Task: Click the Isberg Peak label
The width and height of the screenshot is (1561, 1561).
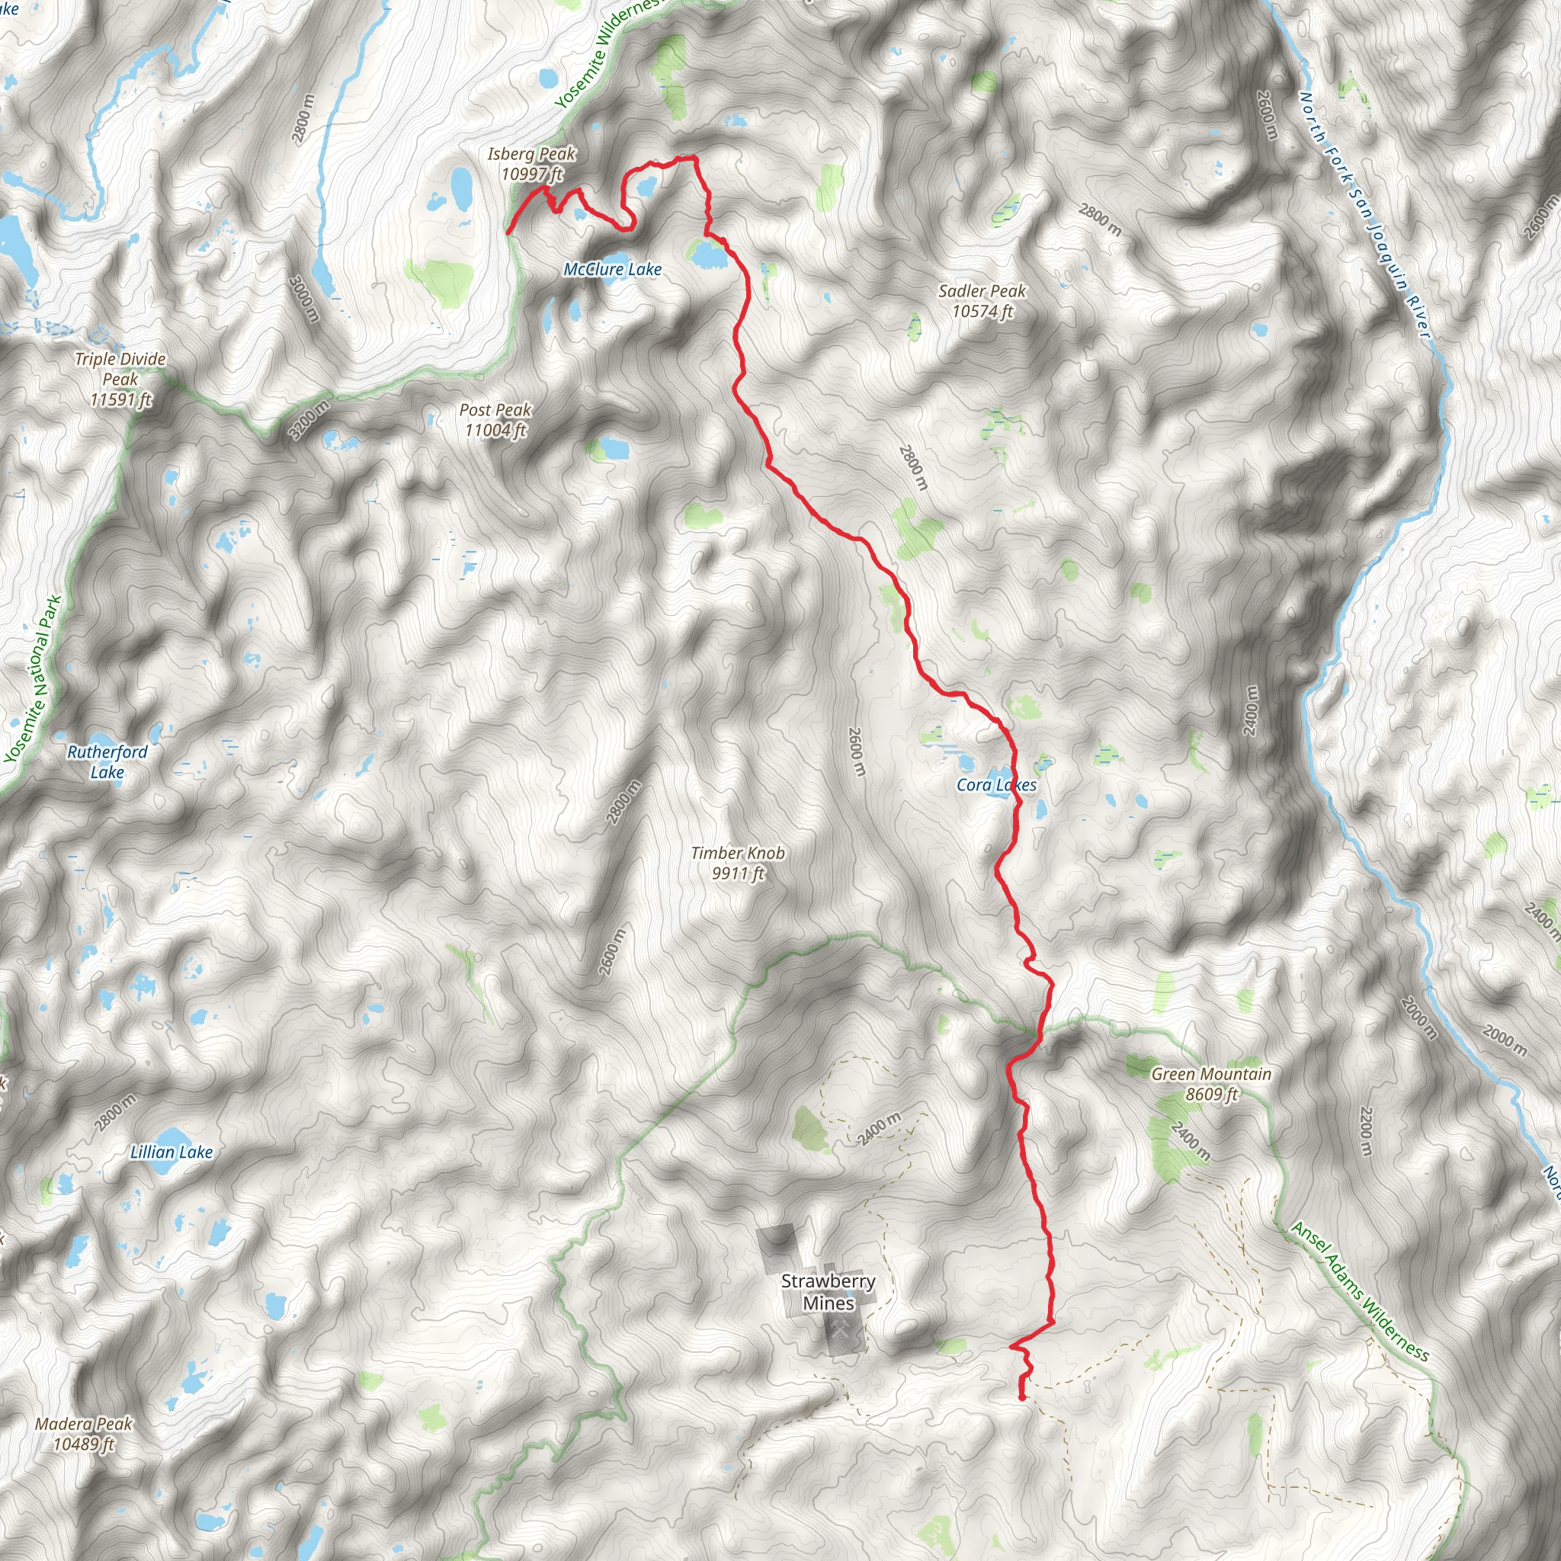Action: pyautogui.click(x=532, y=164)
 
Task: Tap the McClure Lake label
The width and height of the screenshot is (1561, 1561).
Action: pyautogui.click(x=613, y=270)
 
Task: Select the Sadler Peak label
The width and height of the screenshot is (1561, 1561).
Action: pyautogui.click(x=982, y=301)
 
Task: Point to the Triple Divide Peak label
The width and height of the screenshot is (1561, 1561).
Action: pyautogui.click(x=120, y=379)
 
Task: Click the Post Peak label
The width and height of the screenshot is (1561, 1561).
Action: pyautogui.click(x=495, y=420)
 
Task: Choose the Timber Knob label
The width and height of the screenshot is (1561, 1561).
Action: pyautogui.click(x=738, y=863)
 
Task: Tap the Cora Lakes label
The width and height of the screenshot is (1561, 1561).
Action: pyautogui.click(x=996, y=784)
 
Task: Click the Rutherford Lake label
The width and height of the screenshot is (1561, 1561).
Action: pyautogui.click(x=107, y=762)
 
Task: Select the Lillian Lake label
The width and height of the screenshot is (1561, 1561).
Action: pyautogui.click(x=171, y=1152)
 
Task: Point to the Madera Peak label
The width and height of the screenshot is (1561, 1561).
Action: pyautogui.click(x=84, y=1434)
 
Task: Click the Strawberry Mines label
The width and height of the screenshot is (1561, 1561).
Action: pyautogui.click(x=829, y=1292)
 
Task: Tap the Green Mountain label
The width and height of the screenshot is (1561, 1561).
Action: pyautogui.click(x=1211, y=1085)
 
